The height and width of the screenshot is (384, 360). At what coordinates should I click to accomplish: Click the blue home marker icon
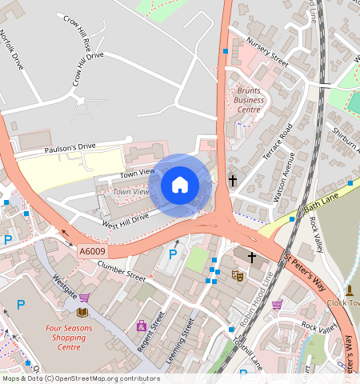pyautogui.click(x=180, y=185)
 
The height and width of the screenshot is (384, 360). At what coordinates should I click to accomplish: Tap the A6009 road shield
pyautogui.click(x=92, y=251)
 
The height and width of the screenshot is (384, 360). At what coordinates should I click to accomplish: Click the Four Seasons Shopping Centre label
pyautogui.click(x=69, y=338)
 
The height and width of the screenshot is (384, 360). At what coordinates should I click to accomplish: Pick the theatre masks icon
pyautogui.click(x=237, y=275)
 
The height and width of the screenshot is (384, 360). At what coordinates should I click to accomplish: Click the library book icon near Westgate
pyautogui.click(x=82, y=312)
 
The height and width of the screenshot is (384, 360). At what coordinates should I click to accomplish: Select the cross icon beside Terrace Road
pyautogui.click(x=233, y=181)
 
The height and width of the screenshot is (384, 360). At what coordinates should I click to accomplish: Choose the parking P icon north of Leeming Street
pyautogui.click(x=172, y=254)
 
